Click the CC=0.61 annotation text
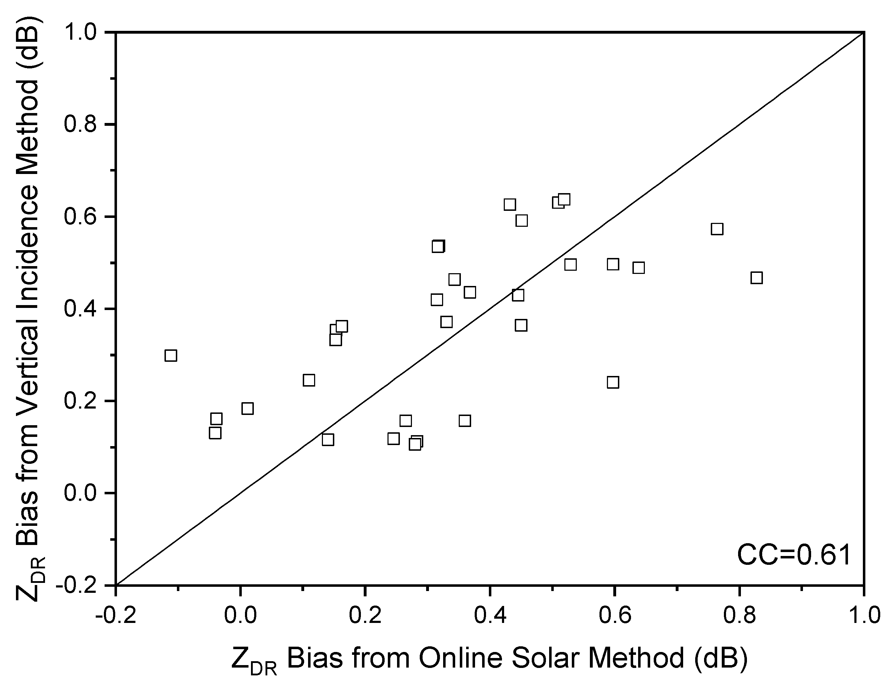(x=794, y=555)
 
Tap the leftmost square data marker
(x=171, y=356)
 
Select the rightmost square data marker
(x=757, y=278)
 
